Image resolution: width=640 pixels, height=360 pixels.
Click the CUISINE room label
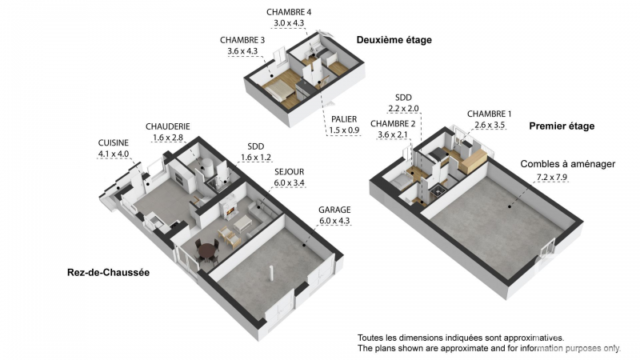pyautogui.click(x=113, y=143)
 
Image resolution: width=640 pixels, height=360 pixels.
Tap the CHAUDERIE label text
pyautogui.click(x=168, y=126)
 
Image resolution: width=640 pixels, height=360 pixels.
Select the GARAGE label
pyautogui.click(x=334, y=210)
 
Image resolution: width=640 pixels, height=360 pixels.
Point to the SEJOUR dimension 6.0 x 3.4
pyautogui.click(x=289, y=183)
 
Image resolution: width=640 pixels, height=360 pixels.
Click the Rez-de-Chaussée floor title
pyautogui.click(x=108, y=273)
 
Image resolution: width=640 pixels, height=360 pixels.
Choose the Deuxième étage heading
pyautogui.click(x=394, y=40)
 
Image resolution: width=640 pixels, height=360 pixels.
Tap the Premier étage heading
pyautogui.click(x=562, y=126)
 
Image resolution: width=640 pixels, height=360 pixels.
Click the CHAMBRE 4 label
pyautogui.click(x=289, y=12)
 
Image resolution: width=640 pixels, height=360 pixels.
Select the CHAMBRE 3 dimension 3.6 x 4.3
pyautogui.click(x=242, y=51)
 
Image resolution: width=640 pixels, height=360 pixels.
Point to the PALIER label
pyautogui.click(x=344, y=119)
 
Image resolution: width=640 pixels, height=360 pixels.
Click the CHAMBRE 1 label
pyautogui.click(x=489, y=114)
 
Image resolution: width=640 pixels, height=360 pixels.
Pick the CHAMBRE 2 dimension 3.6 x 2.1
pyautogui.click(x=393, y=134)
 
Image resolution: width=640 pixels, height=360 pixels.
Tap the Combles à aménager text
pyautogui.click(x=568, y=164)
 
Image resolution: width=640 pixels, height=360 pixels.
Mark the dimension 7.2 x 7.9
pyautogui.click(x=552, y=178)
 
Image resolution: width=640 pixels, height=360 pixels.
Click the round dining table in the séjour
pyautogui.click(x=207, y=250)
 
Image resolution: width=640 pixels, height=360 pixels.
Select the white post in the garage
pyautogui.click(x=270, y=273)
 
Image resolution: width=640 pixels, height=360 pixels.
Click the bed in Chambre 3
pyautogui.click(x=279, y=90)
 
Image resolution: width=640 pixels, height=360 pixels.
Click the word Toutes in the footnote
pyautogui.click(x=370, y=338)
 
